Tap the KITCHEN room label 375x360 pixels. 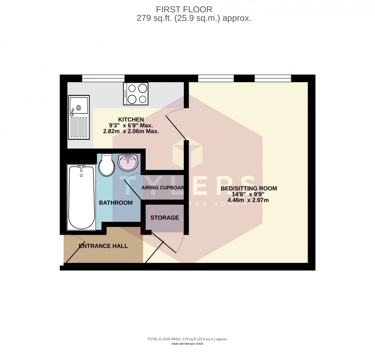131,119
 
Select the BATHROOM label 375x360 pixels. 116,203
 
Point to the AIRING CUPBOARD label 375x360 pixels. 163,188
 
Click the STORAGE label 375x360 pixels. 165,218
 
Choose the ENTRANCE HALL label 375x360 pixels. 103,246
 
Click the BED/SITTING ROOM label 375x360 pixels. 249,188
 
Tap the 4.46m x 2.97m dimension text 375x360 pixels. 248,200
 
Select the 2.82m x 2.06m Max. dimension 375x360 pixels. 131,131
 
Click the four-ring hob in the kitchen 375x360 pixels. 136,94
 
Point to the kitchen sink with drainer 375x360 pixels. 78,117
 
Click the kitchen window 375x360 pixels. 103,78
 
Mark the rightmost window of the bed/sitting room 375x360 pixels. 273,78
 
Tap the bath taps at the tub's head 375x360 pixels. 81,167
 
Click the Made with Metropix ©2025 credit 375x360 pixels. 187,344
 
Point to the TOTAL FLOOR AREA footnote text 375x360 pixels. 187,339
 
